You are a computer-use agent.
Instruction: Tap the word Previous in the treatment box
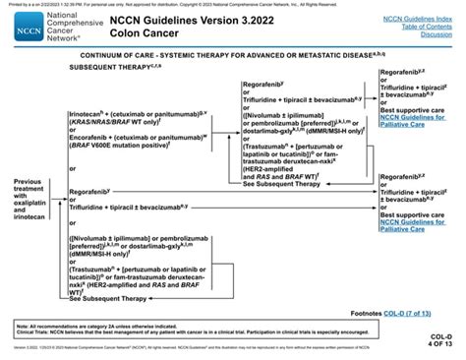[x=29, y=181]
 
